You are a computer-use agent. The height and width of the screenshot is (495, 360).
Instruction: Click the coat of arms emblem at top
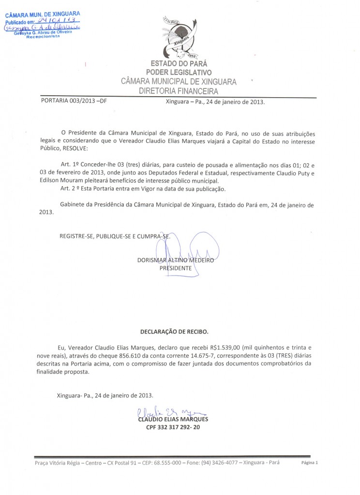coord(179,37)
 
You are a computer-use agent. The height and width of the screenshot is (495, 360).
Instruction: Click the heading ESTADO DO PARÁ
coord(179,63)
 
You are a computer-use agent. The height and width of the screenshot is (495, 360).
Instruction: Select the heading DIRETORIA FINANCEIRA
coord(179,91)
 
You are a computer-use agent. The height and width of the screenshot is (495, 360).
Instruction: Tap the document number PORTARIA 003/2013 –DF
coord(74,102)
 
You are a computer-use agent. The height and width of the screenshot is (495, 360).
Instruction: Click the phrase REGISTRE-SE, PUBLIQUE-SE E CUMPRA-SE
coord(115,236)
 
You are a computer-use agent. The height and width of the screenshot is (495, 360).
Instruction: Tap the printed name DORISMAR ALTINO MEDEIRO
coord(176,260)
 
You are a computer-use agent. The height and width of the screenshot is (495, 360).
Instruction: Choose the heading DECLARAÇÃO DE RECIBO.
coord(174,333)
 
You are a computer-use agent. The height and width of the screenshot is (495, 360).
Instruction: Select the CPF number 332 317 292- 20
coord(176,427)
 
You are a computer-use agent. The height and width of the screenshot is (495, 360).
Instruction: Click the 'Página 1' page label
coord(310,463)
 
